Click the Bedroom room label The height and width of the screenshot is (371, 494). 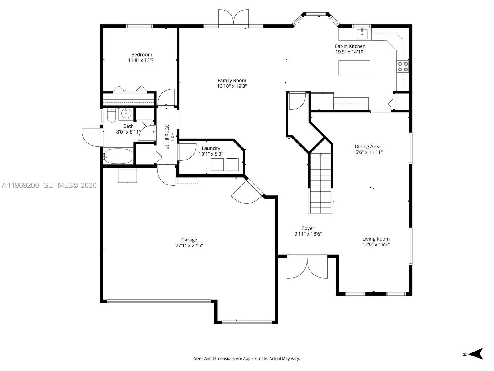tap(141, 55)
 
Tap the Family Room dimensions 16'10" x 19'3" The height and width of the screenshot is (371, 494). tap(232, 86)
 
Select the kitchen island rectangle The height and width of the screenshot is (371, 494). tap(354, 68)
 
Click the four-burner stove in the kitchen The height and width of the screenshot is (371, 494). tap(403, 66)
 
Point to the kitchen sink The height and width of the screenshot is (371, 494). tap(362, 34)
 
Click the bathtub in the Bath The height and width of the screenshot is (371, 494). tap(118, 156)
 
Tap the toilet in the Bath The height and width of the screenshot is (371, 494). tap(111, 116)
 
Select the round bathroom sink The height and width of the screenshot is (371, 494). tap(126, 113)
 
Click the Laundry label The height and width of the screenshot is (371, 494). tap(211, 148)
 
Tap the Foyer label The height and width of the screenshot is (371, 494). tap(308, 228)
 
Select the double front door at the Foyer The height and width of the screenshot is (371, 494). tap(307, 267)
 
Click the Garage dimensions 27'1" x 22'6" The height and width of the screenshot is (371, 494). tap(189, 245)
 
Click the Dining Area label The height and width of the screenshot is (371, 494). tap(367, 147)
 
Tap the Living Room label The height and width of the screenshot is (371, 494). tap(376, 239)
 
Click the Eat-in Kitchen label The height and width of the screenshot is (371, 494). tap(350, 46)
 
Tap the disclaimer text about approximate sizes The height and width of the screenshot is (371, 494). tap(247, 359)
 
